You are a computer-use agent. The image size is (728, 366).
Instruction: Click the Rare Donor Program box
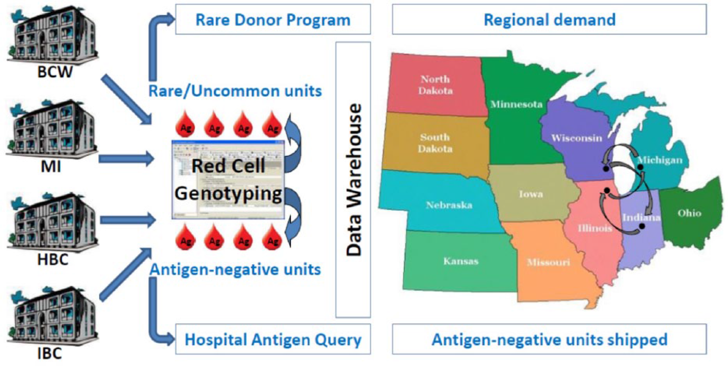[273, 19]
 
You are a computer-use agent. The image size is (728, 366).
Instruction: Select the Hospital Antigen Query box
[273, 339]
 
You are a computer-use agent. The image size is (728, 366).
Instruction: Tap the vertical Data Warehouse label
[354, 180]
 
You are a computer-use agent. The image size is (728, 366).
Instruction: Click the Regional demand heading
[550, 20]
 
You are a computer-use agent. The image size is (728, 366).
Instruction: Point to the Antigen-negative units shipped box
[549, 339]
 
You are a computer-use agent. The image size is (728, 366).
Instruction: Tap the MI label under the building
[50, 167]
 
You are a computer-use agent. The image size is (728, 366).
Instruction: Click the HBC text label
[53, 260]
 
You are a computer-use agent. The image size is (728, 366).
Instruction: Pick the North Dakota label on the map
[435, 85]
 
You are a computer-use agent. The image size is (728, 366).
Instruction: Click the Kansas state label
[461, 261]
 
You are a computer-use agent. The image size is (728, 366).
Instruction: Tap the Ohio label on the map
[689, 213]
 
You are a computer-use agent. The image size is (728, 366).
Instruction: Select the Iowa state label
[531, 194]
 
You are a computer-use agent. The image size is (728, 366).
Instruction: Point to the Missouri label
[548, 262]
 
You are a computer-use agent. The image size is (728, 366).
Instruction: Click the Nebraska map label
[449, 205]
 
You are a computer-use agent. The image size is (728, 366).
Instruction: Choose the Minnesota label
[517, 104]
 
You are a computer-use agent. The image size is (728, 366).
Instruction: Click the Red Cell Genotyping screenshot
[228, 180]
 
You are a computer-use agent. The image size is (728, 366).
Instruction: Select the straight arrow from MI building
[126, 159]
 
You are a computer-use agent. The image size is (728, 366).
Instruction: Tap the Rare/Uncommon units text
[235, 91]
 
